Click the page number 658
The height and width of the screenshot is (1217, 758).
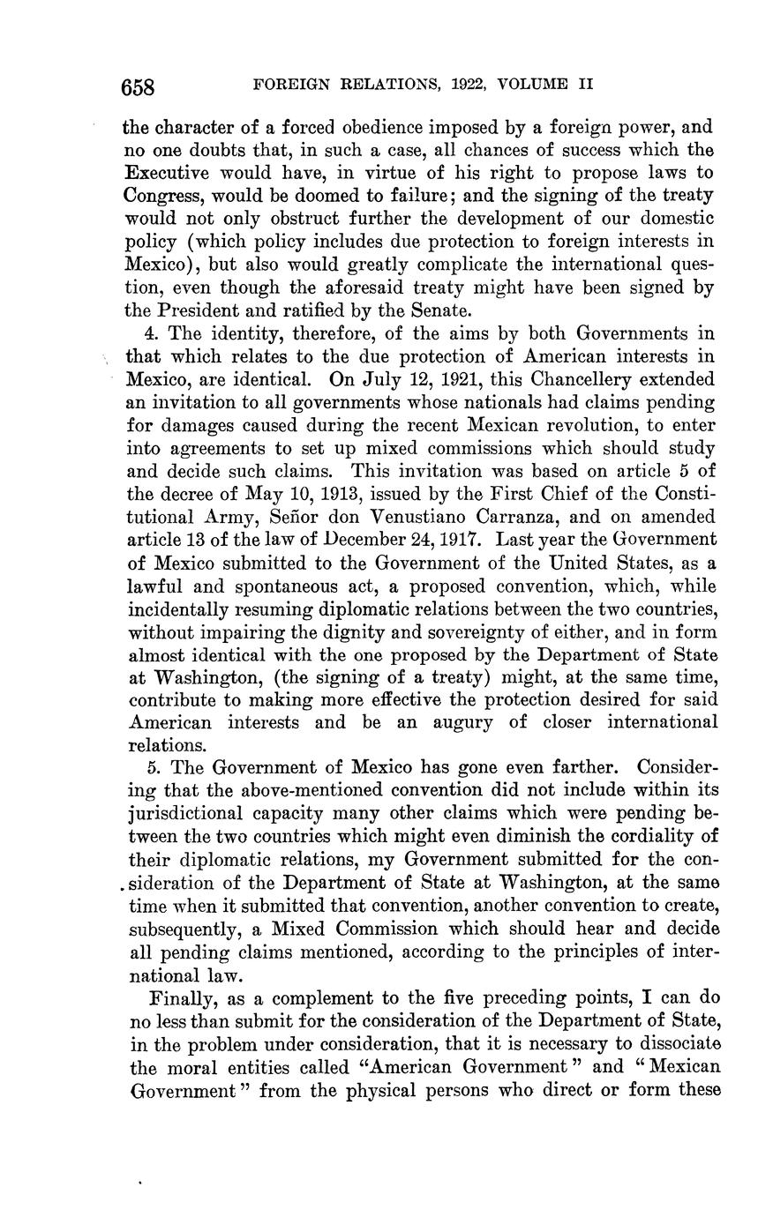(139, 86)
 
